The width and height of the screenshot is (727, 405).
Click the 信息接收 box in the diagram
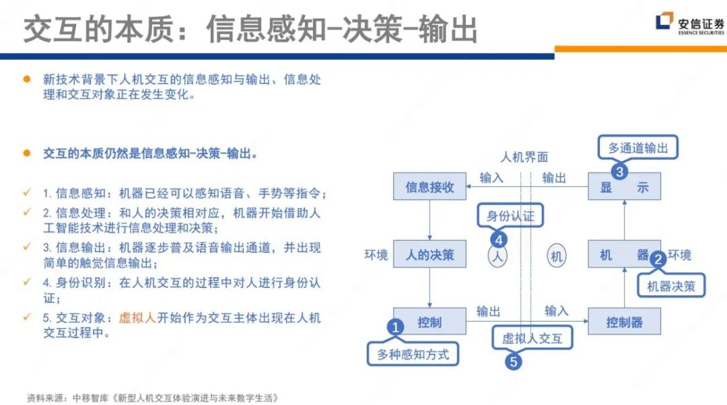point(429,186)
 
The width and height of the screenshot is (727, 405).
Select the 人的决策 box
point(429,254)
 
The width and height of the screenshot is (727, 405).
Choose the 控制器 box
point(624,322)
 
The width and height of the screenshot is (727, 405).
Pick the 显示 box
point(624,187)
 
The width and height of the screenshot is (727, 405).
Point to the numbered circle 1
point(396,327)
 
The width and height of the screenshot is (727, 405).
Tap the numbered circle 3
point(619,171)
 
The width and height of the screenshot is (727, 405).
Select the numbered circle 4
point(499,239)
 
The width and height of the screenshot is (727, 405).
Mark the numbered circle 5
point(513,361)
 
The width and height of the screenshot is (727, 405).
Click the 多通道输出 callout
point(637,147)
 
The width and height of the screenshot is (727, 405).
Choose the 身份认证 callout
point(510,216)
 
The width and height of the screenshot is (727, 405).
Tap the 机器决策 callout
point(670,285)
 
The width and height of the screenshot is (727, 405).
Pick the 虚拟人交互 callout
point(532,338)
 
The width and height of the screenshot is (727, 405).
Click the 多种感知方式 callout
point(413,353)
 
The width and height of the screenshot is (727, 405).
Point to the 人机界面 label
point(524,157)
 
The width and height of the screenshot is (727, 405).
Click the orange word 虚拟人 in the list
point(137,318)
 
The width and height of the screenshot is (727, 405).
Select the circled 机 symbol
point(556,256)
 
